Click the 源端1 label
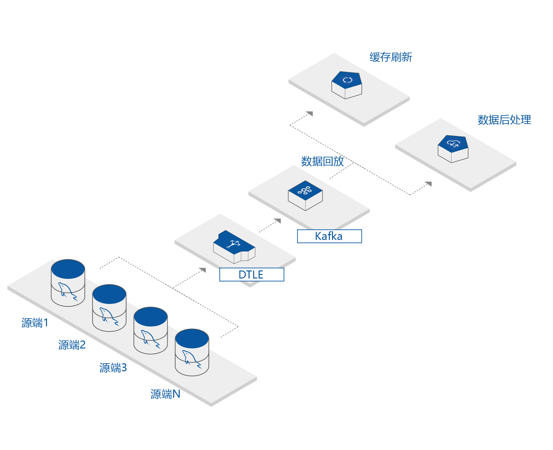click(x=35, y=323)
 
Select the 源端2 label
click(x=72, y=345)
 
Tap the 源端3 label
click(x=113, y=368)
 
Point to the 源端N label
click(x=165, y=394)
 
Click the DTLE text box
click(x=252, y=275)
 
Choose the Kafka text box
click(x=329, y=236)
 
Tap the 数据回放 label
click(x=322, y=161)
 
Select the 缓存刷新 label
click(x=391, y=57)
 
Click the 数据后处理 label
click(x=504, y=120)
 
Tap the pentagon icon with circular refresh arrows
click(x=347, y=85)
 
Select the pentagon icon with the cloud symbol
click(x=453, y=148)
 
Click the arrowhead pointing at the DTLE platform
click(x=203, y=270)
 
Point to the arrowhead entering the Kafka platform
click(x=278, y=221)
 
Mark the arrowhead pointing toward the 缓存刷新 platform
click(x=310, y=113)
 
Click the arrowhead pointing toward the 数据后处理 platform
click(x=429, y=184)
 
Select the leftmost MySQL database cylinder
click(x=68, y=283)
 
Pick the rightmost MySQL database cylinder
click(x=192, y=352)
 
